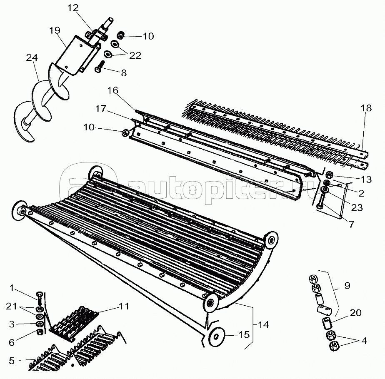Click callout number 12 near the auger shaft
[x=73, y=8]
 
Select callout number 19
[x=55, y=30]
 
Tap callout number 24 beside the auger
[x=32, y=58]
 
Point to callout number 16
[x=112, y=90]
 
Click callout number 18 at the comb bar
[x=366, y=108]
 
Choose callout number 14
[x=263, y=325]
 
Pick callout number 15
[x=244, y=334]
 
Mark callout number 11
[x=124, y=307]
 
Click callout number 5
[x=12, y=361]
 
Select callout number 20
[x=356, y=313]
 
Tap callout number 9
[x=347, y=286]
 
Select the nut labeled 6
[x=40, y=332]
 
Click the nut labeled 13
[x=330, y=175]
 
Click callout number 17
[x=101, y=109]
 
